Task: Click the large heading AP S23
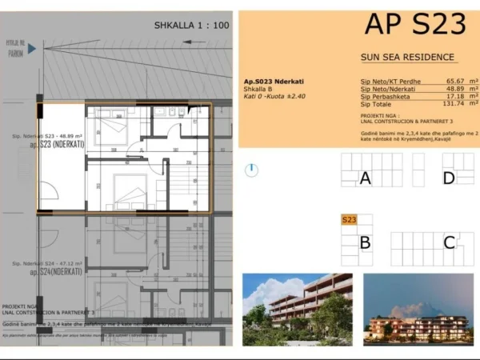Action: (x=415, y=25)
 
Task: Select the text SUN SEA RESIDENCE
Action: (x=407, y=58)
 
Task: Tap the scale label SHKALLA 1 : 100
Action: (x=191, y=26)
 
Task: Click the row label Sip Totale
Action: (x=377, y=104)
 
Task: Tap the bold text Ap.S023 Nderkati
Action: (x=274, y=82)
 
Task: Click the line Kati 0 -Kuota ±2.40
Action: (x=274, y=96)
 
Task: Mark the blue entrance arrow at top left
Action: (x=32, y=49)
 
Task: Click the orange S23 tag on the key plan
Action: (x=349, y=220)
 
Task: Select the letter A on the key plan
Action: (x=366, y=178)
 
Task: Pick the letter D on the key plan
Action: (x=449, y=178)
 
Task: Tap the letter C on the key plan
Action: (x=450, y=242)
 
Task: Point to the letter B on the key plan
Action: (x=365, y=242)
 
